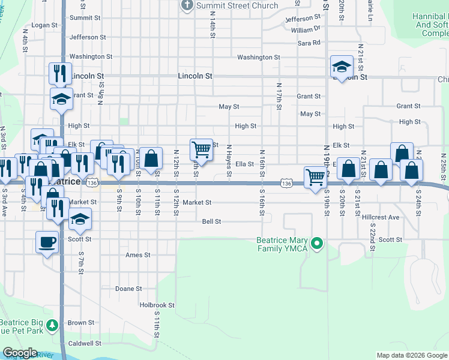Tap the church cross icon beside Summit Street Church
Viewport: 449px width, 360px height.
(187, 6)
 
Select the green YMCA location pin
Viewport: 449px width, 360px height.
(319, 244)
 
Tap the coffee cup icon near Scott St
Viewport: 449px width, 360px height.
(47, 243)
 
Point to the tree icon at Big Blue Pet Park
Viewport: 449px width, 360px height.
(53, 326)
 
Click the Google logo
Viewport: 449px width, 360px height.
(20, 353)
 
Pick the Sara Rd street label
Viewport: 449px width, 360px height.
(309, 43)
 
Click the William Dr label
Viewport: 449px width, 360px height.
(306, 29)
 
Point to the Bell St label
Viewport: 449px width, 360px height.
(212, 221)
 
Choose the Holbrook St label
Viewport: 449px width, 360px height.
(157, 305)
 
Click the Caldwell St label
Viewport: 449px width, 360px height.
(85, 344)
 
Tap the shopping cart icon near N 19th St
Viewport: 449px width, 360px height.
(315, 177)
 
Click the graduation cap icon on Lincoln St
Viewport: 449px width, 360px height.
(342, 67)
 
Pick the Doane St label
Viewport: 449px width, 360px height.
(128, 289)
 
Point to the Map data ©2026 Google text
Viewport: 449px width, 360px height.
(411, 355)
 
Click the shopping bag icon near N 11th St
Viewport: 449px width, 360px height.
(151, 158)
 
